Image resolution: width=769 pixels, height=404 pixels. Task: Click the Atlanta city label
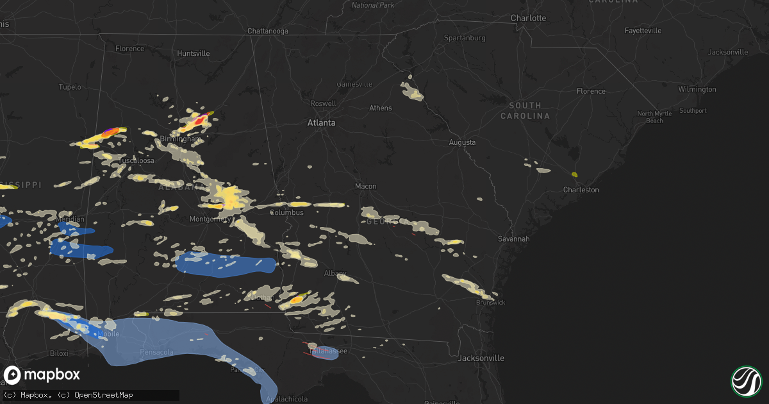[321, 122]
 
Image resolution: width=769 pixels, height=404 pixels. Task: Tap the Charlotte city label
[528, 18]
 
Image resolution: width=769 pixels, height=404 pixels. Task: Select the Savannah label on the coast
[514, 239]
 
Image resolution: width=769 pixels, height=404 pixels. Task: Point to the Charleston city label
[581, 190]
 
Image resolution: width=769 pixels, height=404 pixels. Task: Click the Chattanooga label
[268, 31]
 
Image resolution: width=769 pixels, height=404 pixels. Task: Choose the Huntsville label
[193, 53]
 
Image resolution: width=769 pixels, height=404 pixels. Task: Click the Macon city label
[366, 187]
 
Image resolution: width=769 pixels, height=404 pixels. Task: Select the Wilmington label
[697, 90]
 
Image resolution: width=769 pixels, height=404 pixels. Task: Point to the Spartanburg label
[465, 38]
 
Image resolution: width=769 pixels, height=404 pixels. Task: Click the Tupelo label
[70, 87]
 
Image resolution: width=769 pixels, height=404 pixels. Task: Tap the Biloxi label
[58, 353]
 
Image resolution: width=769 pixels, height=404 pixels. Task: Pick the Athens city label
[380, 108]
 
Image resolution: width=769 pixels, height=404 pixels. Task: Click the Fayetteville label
[643, 31]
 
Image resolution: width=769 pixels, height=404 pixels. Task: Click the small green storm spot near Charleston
[574, 174]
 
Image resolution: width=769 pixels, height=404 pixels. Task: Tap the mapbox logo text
[53, 375]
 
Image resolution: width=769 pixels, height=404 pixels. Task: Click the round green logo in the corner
[746, 381]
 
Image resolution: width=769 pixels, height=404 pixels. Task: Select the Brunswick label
[490, 302]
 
